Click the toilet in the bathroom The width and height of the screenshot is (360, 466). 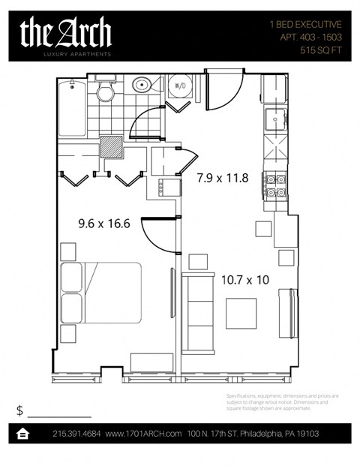pyautogui.click(x=106, y=91)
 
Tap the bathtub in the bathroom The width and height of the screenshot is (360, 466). pyautogui.click(x=73, y=108)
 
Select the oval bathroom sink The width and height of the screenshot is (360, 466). pyautogui.click(x=142, y=86)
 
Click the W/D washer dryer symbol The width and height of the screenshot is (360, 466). pyautogui.click(x=178, y=86)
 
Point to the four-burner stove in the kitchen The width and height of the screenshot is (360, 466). pyautogui.click(x=274, y=185)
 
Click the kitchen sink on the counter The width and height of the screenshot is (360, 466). pyautogui.click(x=274, y=119)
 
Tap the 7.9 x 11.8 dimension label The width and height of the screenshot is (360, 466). pyautogui.click(x=222, y=179)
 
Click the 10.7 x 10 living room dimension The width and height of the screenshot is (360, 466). pyautogui.click(x=245, y=280)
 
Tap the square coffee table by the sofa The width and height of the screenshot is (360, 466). pyautogui.click(x=241, y=313)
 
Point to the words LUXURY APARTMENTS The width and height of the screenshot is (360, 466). pyautogui.click(x=66, y=55)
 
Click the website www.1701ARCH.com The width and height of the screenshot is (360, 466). pyautogui.click(x=143, y=434)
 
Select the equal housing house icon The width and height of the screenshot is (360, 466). pyautogui.click(x=23, y=434)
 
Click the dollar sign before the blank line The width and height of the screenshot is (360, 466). pyautogui.click(x=19, y=410)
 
